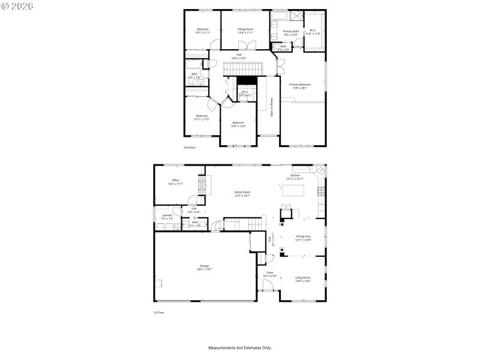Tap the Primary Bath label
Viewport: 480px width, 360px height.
(x=290, y=32)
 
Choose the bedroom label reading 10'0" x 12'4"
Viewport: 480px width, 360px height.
(x=238, y=124)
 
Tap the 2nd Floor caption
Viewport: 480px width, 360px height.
(x=190, y=147)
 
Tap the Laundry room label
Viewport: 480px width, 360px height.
(x=167, y=217)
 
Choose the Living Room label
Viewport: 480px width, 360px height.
(x=302, y=278)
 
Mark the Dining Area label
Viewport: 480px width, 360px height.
(x=303, y=238)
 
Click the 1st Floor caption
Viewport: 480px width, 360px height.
(x=158, y=313)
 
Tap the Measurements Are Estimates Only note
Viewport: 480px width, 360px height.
(x=240, y=347)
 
